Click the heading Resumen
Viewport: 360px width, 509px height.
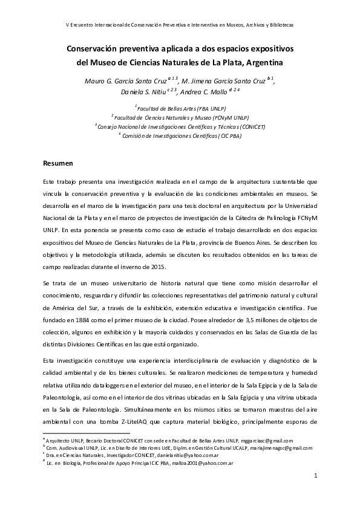click(58, 163)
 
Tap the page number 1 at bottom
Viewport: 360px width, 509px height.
click(315, 477)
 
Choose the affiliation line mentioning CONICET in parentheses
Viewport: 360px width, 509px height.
click(180, 127)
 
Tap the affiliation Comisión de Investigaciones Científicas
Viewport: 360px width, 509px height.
click(180, 136)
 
